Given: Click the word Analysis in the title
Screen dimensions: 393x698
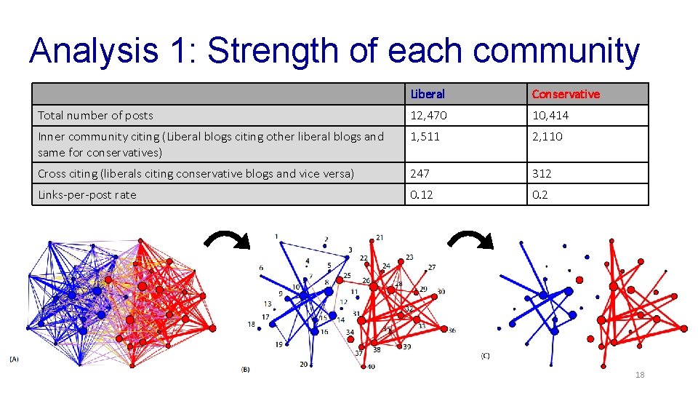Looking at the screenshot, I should (x=94, y=51).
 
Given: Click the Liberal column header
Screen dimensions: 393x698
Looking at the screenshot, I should (x=428, y=94).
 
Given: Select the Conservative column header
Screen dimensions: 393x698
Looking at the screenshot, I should (x=566, y=94).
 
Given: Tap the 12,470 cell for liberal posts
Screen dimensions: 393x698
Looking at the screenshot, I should (x=429, y=115).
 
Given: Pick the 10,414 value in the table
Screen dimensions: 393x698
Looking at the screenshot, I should (x=550, y=115).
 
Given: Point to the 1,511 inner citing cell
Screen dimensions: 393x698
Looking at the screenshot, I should (x=425, y=136).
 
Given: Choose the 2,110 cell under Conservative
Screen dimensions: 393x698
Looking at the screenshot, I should (x=547, y=136).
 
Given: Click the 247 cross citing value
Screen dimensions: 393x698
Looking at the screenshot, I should (x=420, y=173).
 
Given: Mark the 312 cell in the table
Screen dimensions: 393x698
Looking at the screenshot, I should (x=542, y=173).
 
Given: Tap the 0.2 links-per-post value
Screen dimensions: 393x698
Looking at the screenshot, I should (x=540, y=194).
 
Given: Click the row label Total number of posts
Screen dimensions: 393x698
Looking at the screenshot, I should (x=95, y=115).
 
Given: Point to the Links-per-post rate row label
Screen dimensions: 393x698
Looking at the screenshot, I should (x=87, y=194).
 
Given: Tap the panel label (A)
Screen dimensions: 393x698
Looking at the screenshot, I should (x=15, y=358).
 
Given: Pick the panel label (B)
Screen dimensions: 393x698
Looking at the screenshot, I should (x=245, y=370).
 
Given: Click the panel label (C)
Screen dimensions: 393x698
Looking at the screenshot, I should (x=485, y=355).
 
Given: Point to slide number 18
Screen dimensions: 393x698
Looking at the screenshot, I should (x=640, y=375).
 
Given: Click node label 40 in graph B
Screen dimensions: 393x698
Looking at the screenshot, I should (x=371, y=366).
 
